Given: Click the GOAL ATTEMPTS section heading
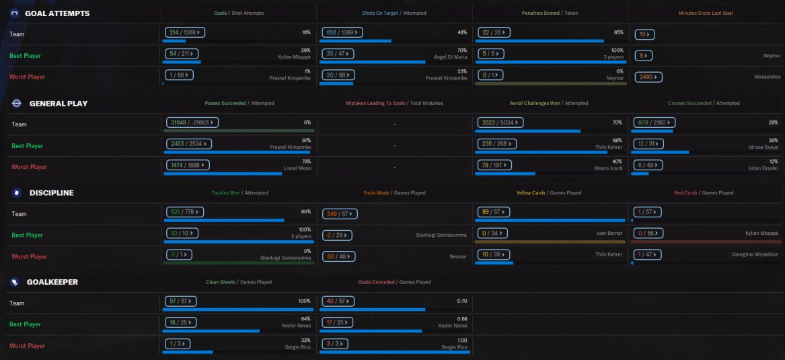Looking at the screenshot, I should tap(57, 13).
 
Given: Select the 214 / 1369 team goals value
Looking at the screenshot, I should tap(184, 32).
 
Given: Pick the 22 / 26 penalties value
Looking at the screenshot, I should tap(492, 32).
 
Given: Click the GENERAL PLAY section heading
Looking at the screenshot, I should tap(58, 104).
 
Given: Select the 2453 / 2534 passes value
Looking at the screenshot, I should tap(188, 143).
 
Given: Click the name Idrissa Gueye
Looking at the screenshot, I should tap(760, 147).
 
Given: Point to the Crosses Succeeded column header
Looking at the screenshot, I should tap(689, 104).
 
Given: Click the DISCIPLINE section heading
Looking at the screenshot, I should tap(51, 192).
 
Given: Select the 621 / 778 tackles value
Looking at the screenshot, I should tap(184, 212).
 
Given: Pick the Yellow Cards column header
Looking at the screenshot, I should tap(531, 193).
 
